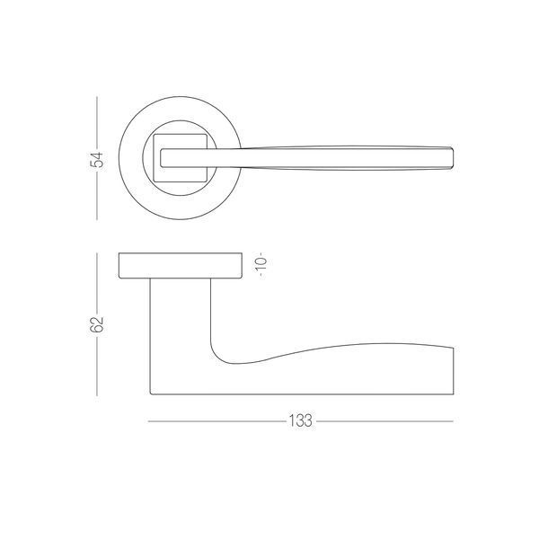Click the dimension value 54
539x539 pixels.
tap(97, 160)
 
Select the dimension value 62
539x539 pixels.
tap(97, 324)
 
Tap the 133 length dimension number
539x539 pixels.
tap(300, 420)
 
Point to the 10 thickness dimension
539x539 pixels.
tap(261, 264)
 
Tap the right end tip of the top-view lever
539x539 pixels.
tap(454, 158)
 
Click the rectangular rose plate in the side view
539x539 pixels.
tap(181, 265)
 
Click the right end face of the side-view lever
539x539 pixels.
tap(454, 371)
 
